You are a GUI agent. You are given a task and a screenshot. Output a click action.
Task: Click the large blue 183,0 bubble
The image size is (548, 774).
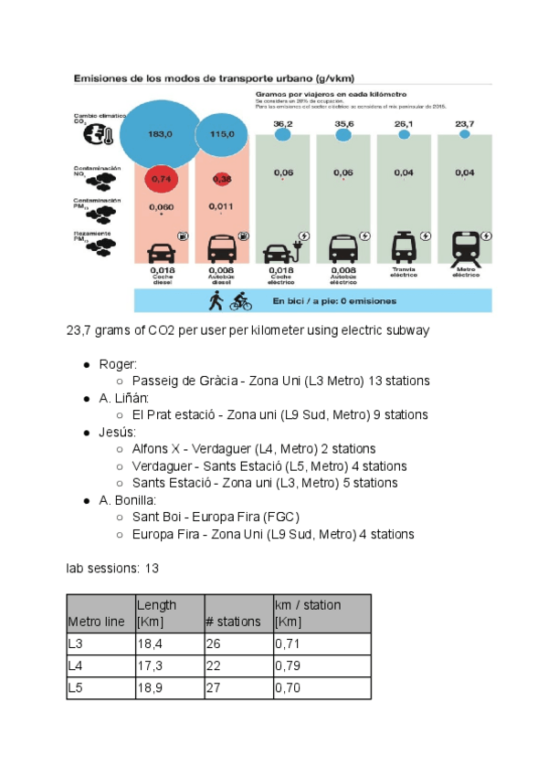click(x=160, y=135)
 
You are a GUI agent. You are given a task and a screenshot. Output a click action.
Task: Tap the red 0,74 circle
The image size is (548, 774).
click(x=162, y=179)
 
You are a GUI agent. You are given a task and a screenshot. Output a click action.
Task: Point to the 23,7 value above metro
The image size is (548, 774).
click(x=465, y=123)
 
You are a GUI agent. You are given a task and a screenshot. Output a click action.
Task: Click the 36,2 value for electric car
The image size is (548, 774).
click(x=282, y=123)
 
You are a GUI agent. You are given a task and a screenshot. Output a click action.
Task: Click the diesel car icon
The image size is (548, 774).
click(x=162, y=249)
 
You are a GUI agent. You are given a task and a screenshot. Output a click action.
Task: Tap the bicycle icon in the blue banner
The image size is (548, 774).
click(x=240, y=300)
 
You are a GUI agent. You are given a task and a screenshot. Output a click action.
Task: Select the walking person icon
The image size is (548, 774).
click(x=216, y=300)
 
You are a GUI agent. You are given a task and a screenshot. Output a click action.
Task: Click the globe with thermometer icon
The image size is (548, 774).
click(x=96, y=135)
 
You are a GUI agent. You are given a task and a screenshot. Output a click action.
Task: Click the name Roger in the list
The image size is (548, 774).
click(x=117, y=364)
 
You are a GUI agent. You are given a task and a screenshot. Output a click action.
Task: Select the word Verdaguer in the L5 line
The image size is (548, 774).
click(x=163, y=465)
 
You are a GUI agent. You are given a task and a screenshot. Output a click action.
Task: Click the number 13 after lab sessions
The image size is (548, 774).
click(x=153, y=568)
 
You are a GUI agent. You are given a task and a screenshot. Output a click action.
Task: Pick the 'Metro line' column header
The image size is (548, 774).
click(x=96, y=622)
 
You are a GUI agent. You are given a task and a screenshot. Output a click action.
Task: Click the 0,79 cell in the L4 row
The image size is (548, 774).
click(x=288, y=667)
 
